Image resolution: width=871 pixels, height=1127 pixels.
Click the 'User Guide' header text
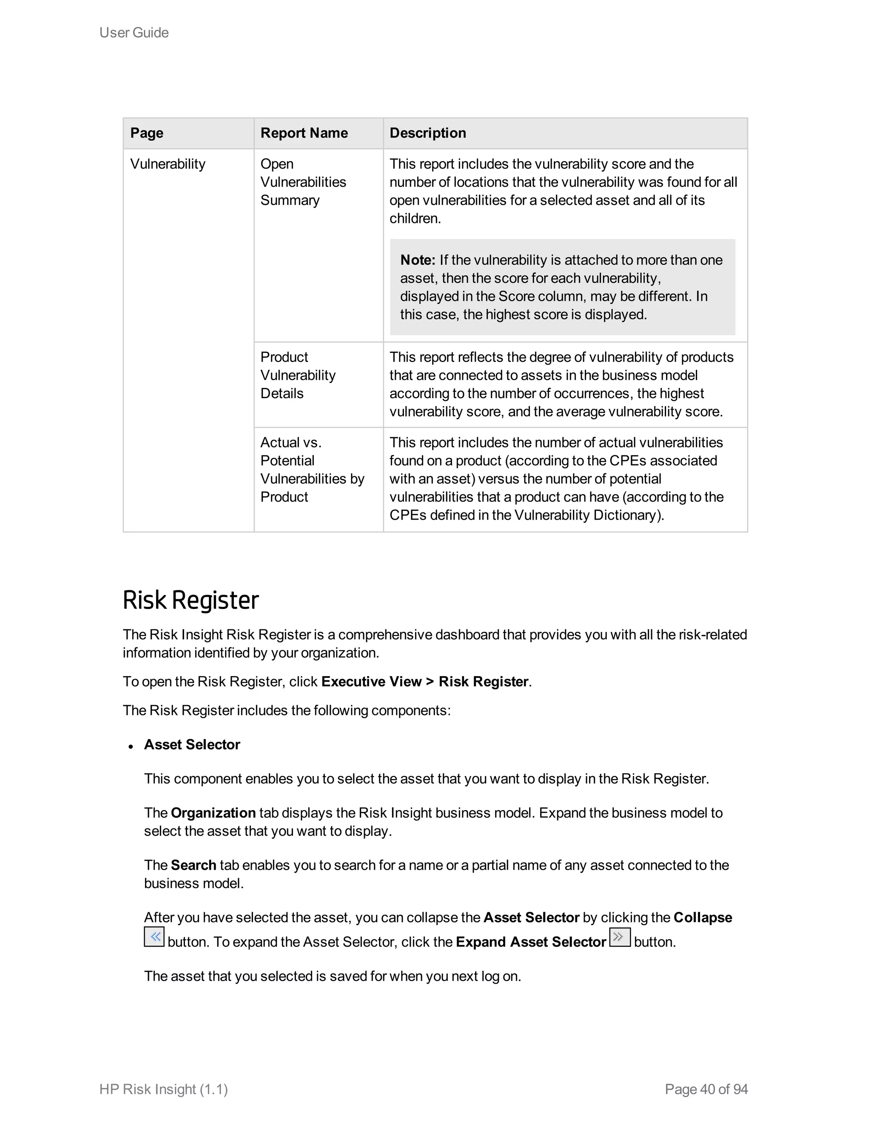pos(134,32)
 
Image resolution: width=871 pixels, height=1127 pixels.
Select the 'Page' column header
pos(147,133)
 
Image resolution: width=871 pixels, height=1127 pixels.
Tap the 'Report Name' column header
pos(304,133)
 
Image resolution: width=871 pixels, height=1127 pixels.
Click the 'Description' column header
pos(427,133)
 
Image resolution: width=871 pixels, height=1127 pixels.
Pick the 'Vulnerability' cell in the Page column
pos(168,164)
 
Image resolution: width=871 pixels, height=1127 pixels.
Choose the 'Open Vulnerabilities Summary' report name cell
pos(303,182)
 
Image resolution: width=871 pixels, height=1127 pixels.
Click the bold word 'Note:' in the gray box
pos(418,260)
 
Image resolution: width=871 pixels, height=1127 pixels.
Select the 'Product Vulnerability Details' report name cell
pos(298,375)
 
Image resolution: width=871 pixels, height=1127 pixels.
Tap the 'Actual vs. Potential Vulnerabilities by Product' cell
pos(312,470)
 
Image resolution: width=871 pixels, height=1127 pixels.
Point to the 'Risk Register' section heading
pos(191,600)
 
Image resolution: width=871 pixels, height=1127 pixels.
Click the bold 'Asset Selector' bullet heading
pos(192,745)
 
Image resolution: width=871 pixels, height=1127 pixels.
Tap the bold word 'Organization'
pos(213,813)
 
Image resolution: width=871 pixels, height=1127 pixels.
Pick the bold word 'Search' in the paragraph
pos(193,865)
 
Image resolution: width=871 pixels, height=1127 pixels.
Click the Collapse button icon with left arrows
pos(154,937)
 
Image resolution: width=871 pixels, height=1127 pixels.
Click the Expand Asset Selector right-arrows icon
pos(620,937)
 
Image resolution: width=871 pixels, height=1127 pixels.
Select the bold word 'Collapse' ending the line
pos(702,917)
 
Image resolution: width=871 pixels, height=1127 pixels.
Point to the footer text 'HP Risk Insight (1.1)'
pos(164,1089)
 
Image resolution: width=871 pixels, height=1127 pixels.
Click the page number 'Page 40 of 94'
pos(706,1089)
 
